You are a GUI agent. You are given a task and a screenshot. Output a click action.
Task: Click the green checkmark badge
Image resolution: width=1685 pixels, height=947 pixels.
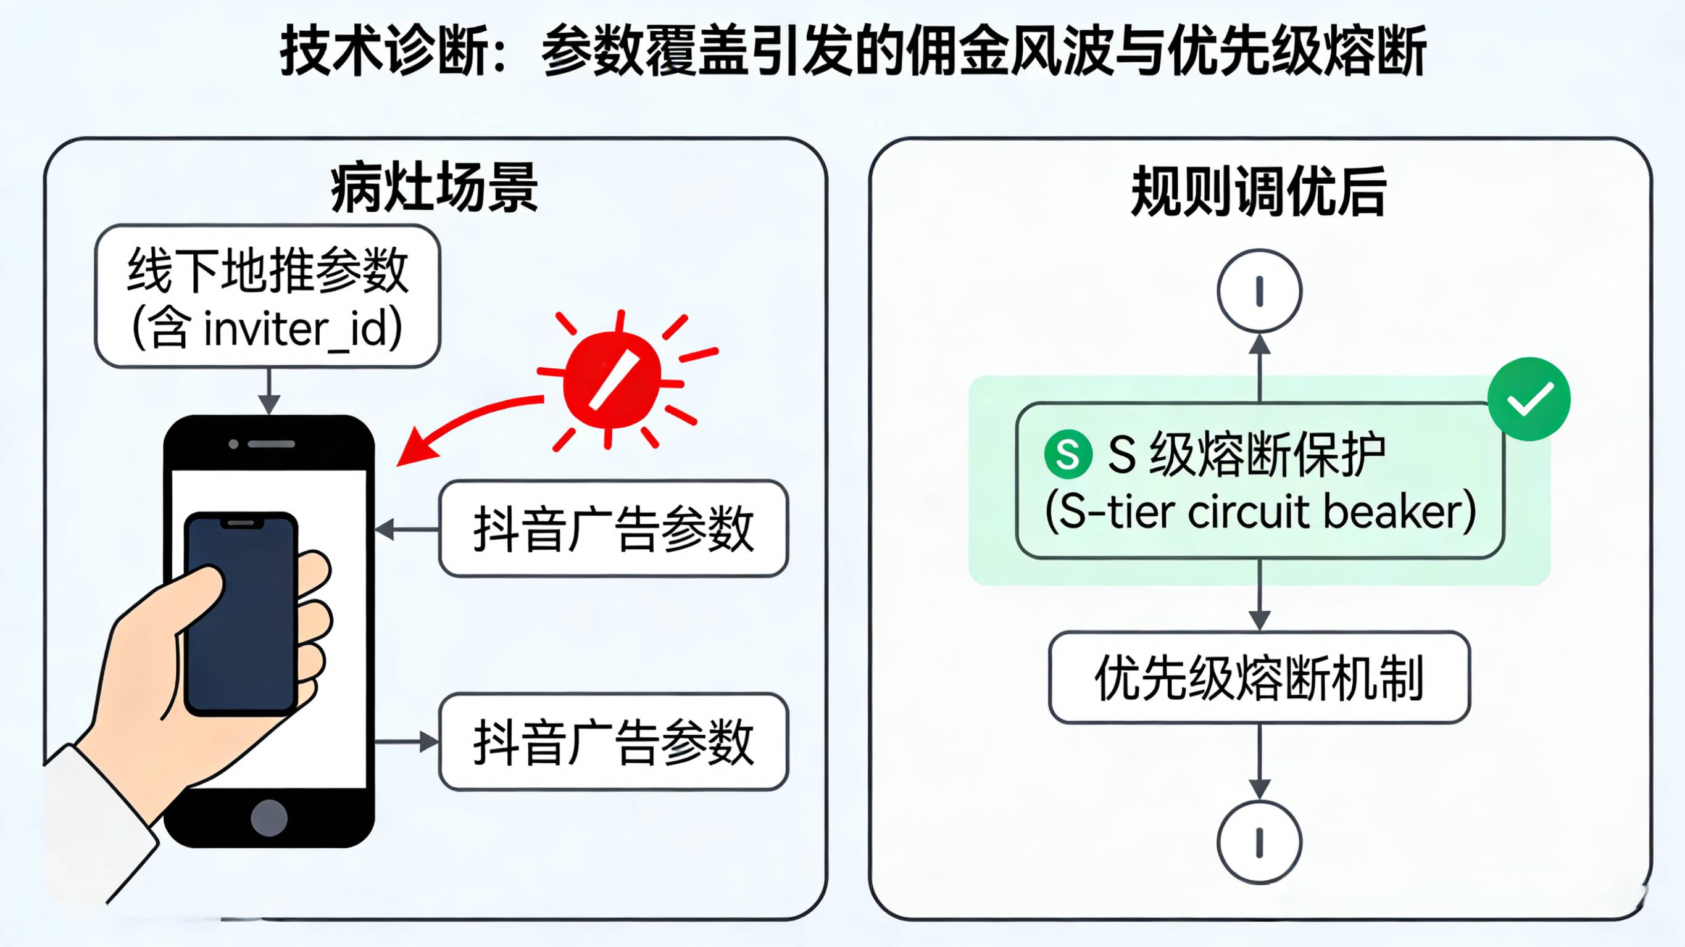1529,399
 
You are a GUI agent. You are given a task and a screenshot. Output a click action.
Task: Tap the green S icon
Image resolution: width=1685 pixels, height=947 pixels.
1068,455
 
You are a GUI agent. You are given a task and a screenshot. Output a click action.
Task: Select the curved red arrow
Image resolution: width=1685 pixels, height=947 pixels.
464,425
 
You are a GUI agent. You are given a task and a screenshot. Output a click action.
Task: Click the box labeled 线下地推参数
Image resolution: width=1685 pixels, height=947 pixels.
267,296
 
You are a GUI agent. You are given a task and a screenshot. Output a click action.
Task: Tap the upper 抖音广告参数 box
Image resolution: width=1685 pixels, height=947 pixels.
614,529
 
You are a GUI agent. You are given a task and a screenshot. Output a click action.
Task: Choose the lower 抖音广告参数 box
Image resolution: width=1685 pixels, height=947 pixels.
614,742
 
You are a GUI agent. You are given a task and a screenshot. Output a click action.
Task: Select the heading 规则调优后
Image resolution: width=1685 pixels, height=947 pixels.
1259,191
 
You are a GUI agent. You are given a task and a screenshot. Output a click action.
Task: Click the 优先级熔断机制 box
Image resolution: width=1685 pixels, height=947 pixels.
1259,677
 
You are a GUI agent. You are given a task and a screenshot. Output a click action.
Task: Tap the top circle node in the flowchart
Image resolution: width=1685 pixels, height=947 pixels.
1259,291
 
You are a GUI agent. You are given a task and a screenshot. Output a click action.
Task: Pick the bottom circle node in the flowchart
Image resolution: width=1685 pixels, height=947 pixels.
1259,842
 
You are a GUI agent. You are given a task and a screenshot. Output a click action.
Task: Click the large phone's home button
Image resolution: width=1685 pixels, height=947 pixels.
269,817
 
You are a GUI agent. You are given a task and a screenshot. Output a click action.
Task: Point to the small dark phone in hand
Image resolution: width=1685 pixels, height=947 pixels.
241,611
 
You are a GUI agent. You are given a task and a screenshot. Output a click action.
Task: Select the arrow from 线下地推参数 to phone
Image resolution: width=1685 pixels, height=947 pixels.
269,391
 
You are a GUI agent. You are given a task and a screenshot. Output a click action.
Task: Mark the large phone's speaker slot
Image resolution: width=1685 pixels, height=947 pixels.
271,444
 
